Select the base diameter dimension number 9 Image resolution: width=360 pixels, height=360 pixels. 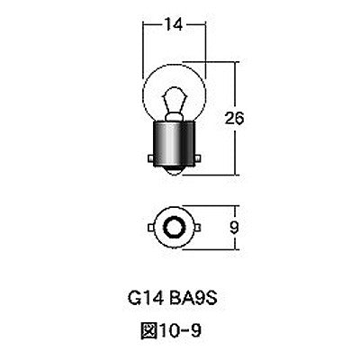tap(237, 228)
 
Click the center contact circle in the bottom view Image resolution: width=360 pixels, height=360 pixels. tap(176, 226)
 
